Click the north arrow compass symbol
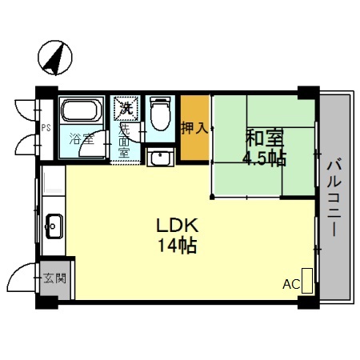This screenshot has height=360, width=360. pos(54,57)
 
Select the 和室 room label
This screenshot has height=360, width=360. pos(262,137)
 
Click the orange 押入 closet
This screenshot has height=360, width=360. pos(194,129)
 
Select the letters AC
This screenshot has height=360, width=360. pos(290,284)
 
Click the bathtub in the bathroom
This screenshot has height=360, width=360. pos(82,112)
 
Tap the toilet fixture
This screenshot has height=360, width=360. pos(160,113)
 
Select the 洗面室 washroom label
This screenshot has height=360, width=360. pos(124,138)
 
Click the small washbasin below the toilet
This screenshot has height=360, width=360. pos(159,156)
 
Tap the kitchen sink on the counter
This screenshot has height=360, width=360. pos(54,226)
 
